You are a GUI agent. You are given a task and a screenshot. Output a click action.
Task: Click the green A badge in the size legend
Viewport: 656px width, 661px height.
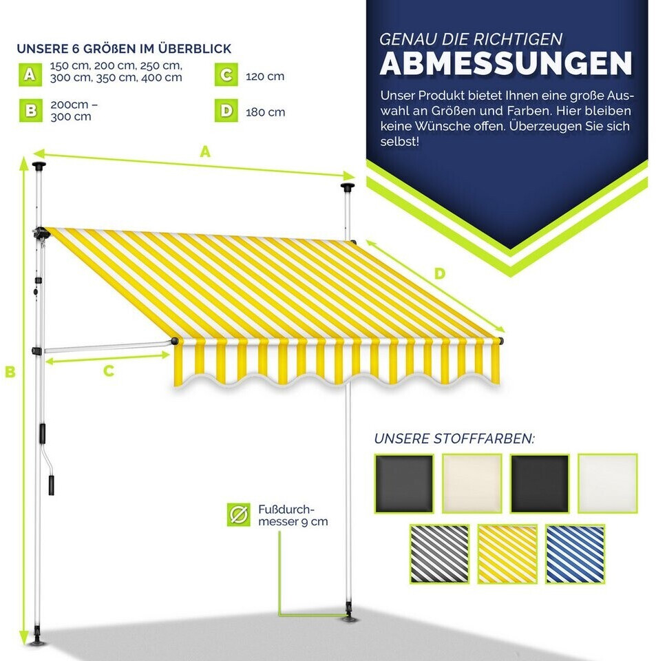30,74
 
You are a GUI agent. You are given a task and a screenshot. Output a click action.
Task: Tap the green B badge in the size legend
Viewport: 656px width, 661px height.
30,110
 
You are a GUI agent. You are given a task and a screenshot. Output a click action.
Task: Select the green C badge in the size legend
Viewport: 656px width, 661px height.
226,74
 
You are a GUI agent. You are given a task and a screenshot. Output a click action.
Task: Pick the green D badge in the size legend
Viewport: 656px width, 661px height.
226,110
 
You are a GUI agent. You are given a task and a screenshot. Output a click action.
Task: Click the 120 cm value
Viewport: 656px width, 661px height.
265,76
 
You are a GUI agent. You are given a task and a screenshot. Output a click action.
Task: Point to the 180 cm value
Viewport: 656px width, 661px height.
266,112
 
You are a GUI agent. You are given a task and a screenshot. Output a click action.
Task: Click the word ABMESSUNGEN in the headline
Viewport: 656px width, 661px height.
506,63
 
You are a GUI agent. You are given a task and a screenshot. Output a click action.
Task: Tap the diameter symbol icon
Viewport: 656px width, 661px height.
238,514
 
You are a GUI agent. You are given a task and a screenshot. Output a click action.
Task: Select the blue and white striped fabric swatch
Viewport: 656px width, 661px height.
575,554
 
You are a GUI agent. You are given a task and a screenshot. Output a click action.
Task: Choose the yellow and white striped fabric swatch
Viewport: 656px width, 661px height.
507,554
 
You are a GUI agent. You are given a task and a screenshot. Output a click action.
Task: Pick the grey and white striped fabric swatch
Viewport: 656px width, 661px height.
439,554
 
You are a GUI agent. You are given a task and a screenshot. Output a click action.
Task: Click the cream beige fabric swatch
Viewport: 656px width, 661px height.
472,483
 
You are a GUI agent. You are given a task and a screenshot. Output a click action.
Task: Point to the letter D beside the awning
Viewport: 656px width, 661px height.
439,274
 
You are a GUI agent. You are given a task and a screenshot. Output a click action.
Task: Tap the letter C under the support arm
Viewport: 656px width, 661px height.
109,371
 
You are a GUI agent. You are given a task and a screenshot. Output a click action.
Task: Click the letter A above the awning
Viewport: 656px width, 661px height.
205,151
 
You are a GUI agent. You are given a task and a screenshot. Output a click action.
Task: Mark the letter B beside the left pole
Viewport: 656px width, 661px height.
10,372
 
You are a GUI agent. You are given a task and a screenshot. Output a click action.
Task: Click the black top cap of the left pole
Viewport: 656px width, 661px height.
39,165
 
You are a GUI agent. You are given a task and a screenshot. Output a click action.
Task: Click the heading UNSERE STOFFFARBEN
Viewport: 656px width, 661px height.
454,439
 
